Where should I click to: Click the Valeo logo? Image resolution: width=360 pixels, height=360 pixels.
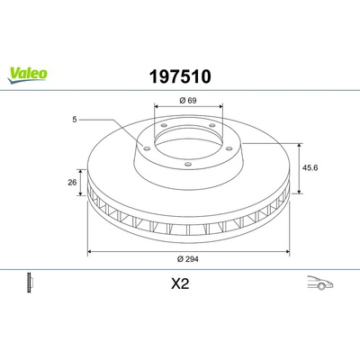[x=27, y=75]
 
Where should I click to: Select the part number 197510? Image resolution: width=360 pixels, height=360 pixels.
[x=180, y=76]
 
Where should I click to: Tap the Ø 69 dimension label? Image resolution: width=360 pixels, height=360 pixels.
[x=188, y=101]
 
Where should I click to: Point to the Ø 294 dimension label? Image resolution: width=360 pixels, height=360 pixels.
[x=188, y=259]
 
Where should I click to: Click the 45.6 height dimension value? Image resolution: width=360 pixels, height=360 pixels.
[x=310, y=167]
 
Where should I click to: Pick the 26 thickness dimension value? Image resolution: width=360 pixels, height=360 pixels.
[x=72, y=182]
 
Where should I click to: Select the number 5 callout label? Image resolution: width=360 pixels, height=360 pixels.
[x=75, y=120]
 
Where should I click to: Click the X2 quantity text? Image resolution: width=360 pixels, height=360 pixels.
[x=180, y=283]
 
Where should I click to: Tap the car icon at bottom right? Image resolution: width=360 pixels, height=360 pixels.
[x=320, y=283]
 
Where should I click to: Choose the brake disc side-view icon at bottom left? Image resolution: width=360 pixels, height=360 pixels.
[x=30, y=283]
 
